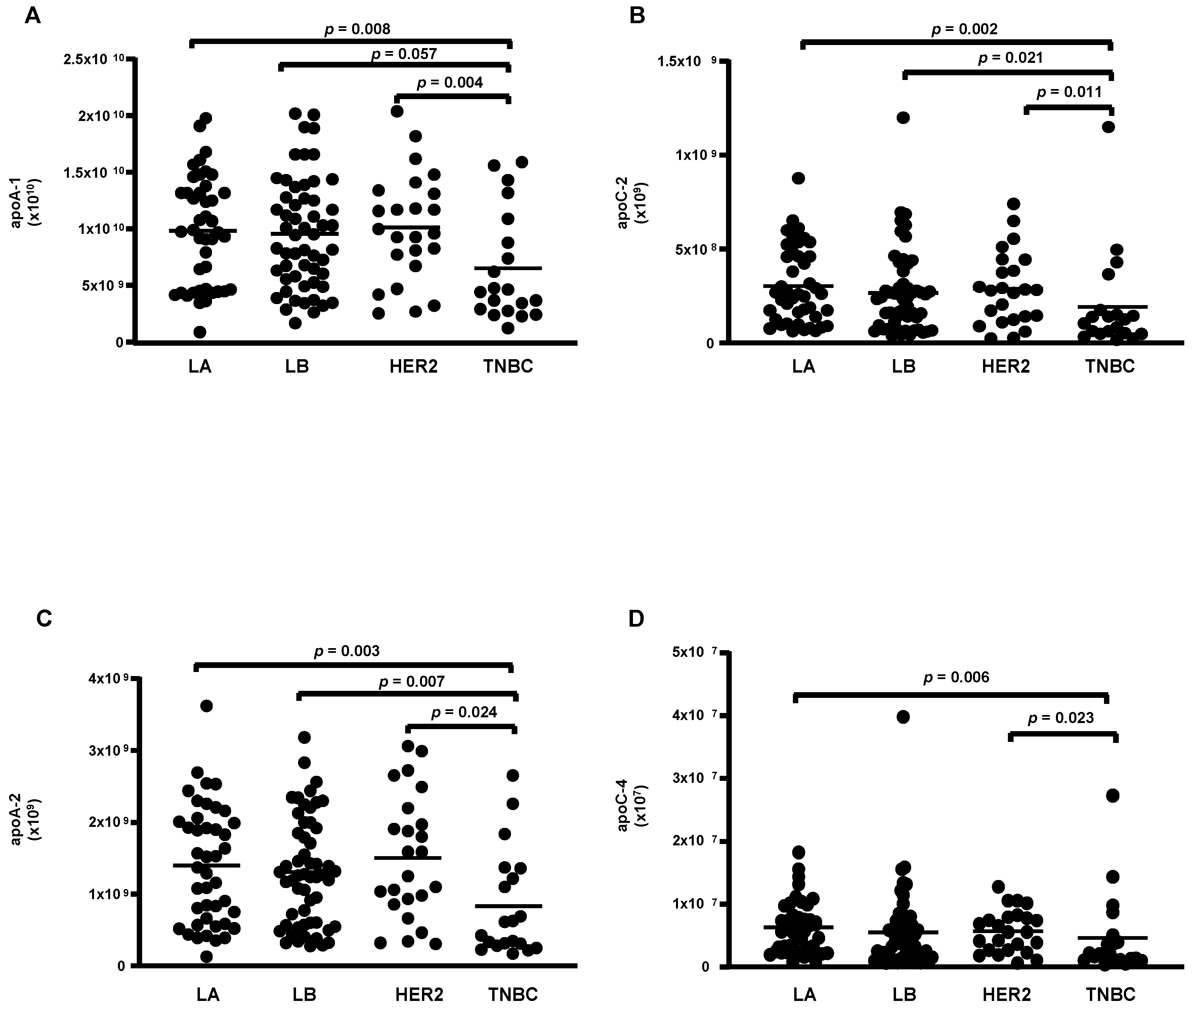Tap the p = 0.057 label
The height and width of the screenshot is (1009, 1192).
[405, 54]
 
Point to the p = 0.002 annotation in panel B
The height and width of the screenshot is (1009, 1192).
[964, 29]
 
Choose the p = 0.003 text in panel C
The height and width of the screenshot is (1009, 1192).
[347, 651]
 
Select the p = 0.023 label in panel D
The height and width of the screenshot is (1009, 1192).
[1061, 718]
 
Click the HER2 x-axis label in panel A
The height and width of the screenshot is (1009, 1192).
[414, 367]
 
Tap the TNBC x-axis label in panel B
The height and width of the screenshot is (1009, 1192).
[1110, 367]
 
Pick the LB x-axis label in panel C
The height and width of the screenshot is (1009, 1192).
[304, 994]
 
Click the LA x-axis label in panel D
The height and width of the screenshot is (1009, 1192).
[804, 994]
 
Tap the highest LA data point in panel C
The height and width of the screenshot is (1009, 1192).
[207, 706]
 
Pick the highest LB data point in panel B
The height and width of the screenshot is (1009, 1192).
[903, 118]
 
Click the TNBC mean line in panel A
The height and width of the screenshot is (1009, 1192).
[508, 268]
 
